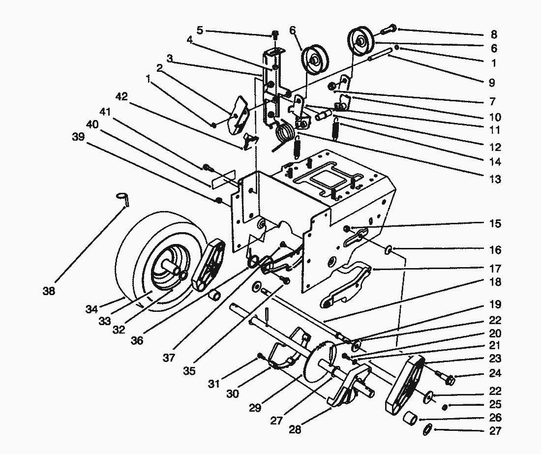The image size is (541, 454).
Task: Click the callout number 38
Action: pos(48,291)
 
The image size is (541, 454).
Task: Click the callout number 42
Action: pos(121,97)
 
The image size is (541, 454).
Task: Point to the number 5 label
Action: pos(199,30)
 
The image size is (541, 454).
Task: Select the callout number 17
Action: pos(495,269)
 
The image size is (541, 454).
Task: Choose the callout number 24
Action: pos(495,373)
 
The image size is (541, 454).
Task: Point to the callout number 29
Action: pos(254,408)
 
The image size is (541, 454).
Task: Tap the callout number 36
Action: pos(137,340)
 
